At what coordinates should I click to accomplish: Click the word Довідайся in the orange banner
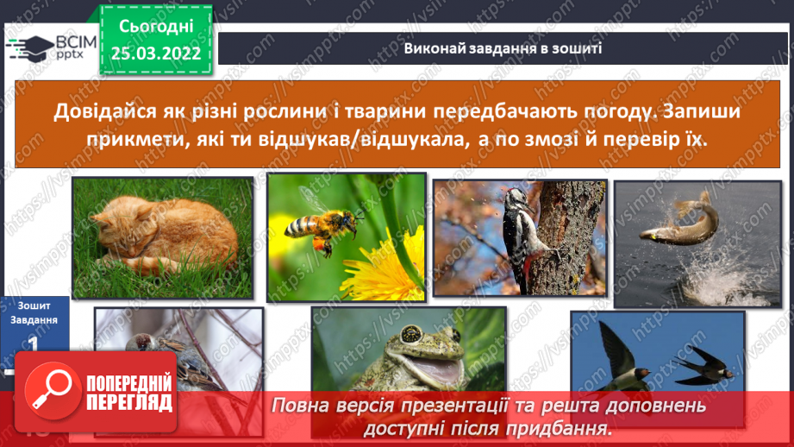(109, 112)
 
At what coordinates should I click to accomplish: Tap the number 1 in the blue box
(34, 343)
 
